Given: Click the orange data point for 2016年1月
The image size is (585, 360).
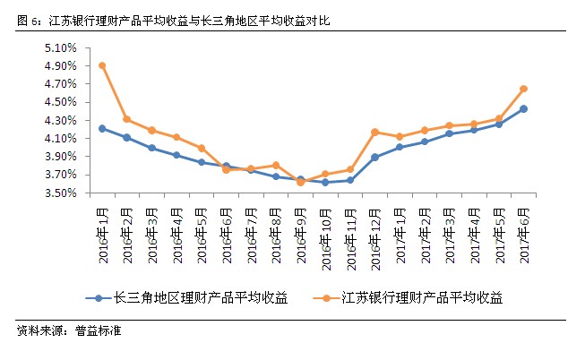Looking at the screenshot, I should tap(103, 65).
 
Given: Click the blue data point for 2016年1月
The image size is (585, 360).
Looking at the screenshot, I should tap(103, 128).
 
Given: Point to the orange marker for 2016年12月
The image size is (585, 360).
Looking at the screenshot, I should tap(374, 133).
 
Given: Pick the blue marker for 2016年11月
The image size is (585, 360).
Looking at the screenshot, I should tap(350, 180).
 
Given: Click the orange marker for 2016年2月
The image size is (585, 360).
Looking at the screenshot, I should tap(127, 119).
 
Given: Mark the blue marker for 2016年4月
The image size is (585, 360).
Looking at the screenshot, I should tap(176, 155).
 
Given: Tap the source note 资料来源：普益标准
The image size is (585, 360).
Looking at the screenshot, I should tap(68, 331).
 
